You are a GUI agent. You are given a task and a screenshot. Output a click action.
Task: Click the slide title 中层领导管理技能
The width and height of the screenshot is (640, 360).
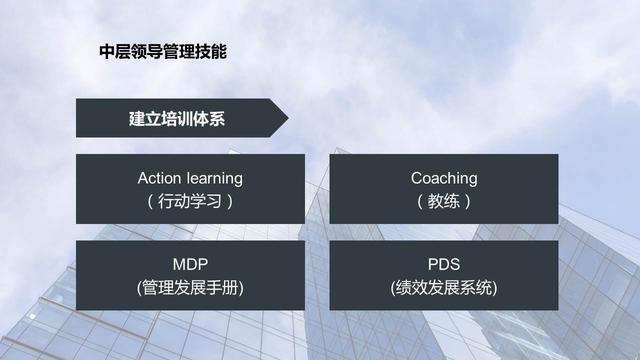163,52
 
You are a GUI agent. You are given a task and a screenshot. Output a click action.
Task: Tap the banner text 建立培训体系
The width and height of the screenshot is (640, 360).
177,119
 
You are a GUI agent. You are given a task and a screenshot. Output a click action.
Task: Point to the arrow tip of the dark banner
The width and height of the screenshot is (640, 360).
288,118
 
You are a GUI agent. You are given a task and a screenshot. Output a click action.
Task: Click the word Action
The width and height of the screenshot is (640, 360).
159,178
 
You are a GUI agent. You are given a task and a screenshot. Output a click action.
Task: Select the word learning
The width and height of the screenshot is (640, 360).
214,179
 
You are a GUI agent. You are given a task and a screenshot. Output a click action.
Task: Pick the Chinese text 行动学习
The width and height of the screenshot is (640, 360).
190,201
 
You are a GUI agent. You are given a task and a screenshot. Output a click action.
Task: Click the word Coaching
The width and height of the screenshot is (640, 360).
444,179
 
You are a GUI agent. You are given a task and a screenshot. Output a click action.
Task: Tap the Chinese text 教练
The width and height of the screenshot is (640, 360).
444,201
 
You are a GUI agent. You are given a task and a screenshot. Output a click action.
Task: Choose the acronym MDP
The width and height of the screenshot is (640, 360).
190,264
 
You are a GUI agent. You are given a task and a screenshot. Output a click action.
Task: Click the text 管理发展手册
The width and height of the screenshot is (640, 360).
190,288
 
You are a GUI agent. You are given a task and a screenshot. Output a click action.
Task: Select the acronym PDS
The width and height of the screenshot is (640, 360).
444,264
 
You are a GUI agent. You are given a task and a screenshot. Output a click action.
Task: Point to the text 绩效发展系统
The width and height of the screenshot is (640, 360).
444,288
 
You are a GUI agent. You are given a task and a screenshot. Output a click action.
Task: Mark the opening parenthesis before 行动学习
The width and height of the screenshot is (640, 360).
150,202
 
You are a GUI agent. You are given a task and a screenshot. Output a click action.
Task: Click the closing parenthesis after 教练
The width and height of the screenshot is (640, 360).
468,202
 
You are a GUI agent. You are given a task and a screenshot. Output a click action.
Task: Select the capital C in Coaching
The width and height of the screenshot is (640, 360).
417,178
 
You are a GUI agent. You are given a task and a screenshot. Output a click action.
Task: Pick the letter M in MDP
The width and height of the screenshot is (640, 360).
180,264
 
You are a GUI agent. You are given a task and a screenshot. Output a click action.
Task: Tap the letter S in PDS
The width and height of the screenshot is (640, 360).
454,264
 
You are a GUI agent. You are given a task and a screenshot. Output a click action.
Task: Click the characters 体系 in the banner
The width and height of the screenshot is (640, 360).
209,119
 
